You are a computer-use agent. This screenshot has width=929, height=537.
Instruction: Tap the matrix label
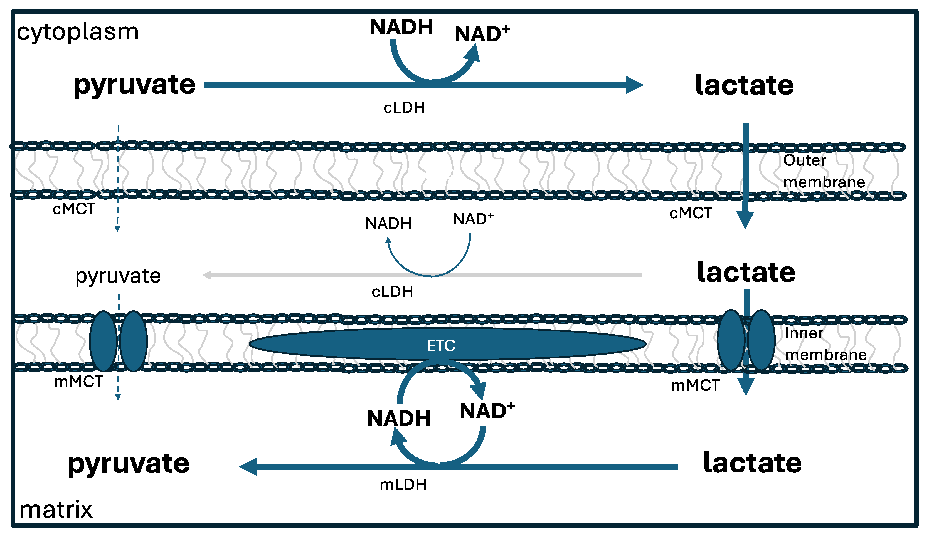[56, 510]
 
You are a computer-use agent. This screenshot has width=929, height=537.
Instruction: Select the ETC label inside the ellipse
[441, 346]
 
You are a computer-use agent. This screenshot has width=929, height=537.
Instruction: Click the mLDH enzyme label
[403, 485]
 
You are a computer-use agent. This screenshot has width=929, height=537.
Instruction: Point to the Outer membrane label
[824, 171]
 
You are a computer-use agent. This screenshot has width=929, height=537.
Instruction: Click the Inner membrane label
[825, 344]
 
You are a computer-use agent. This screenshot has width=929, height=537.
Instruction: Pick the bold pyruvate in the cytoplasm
[135, 85]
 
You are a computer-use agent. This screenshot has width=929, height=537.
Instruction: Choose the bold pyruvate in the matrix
[129, 464]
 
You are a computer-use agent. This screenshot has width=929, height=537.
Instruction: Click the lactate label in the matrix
[752, 463]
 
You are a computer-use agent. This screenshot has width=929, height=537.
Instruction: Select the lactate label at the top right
[744, 85]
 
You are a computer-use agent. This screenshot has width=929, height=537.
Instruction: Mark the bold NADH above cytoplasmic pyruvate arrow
[401, 27]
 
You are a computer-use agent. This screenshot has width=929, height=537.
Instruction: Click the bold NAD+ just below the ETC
[487, 411]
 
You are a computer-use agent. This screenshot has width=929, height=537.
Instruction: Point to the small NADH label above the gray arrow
[388, 224]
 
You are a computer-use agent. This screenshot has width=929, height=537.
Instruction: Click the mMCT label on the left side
[78, 382]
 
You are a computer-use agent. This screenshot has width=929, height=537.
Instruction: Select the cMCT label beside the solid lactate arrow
[691, 213]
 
